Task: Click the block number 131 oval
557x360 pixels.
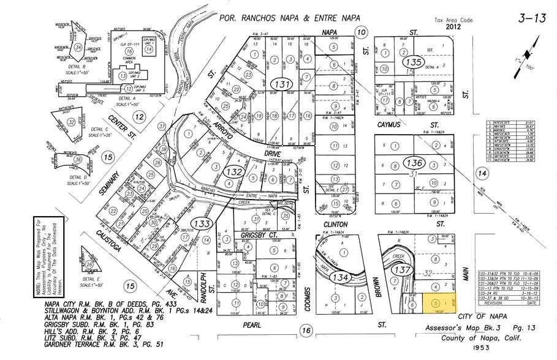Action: pyautogui.click(x=283, y=84)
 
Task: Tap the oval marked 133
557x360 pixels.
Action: pyautogui.click(x=202, y=223)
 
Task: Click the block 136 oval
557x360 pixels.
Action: pyautogui.click(x=414, y=163)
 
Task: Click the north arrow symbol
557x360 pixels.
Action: pyautogui.click(x=532, y=49)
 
